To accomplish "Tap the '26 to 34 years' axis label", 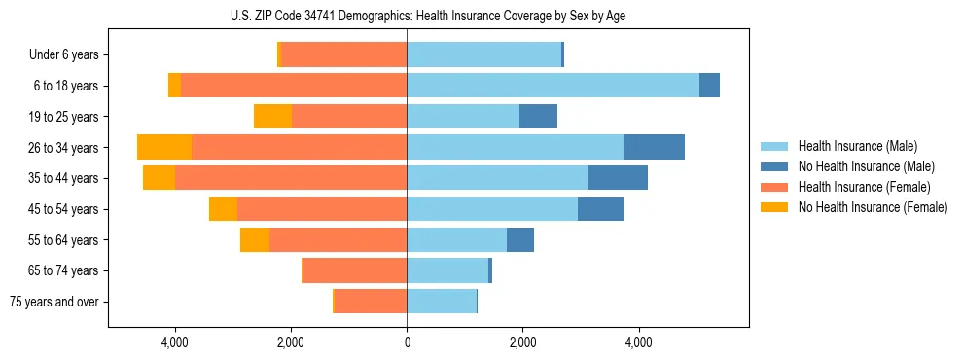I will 64,148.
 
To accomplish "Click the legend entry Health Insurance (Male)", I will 857,146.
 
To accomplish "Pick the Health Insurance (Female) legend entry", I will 864,187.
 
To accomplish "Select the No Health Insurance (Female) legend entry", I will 872,207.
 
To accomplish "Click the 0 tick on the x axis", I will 407,342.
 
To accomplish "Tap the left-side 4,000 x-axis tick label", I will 175,342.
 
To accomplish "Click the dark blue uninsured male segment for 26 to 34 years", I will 654,147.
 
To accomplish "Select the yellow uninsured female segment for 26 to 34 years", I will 164,147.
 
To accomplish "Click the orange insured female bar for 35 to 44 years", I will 291,178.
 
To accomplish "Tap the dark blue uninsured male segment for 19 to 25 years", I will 538,117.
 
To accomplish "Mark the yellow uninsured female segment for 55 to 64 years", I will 255,240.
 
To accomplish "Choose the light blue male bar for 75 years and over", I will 442,302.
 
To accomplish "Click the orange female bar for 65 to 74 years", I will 355,270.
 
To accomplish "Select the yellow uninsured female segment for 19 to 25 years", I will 272,117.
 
